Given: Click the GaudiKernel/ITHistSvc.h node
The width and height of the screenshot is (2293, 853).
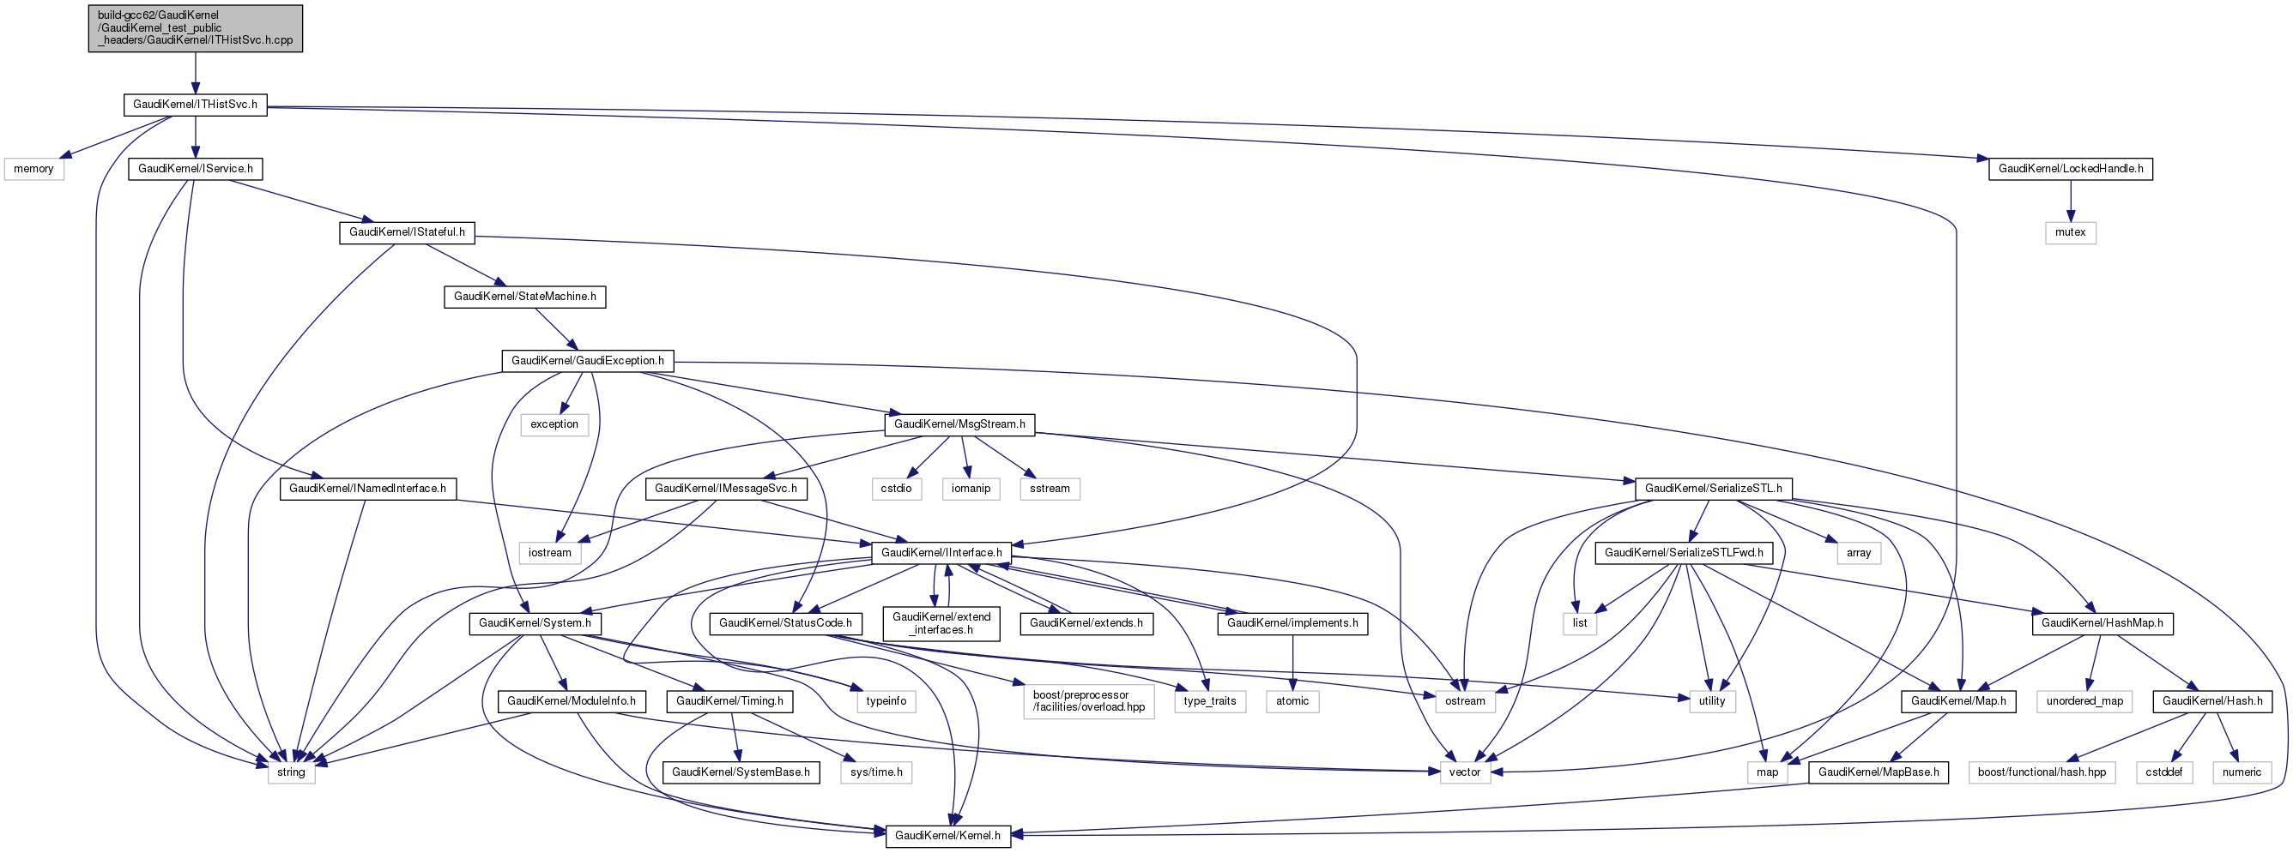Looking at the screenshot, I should [x=195, y=105].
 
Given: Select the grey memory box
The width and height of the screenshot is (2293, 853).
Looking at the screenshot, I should [x=33, y=169].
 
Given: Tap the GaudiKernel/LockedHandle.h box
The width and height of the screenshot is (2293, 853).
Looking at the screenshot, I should [x=2071, y=169].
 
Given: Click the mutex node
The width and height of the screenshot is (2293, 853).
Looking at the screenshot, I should [x=2071, y=232].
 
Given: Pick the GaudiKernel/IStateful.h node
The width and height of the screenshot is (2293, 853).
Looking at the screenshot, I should [x=407, y=232].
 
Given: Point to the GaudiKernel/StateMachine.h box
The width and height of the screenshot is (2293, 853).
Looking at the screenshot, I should [x=524, y=297].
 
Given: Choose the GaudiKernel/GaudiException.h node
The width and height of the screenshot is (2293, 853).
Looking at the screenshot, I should [x=588, y=360].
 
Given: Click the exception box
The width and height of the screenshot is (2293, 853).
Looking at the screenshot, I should [x=554, y=424].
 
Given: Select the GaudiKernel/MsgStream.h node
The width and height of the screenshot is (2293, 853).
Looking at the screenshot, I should [x=959, y=424].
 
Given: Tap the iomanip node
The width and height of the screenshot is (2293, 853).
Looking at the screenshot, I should [x=971, y=489].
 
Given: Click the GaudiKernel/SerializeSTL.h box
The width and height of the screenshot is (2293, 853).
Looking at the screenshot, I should [x=1713, y=489].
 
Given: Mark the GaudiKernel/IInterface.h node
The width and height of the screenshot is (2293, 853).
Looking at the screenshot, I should [x=941, y=552].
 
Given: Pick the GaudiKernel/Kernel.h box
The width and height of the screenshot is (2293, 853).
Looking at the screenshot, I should [x=947, y=835].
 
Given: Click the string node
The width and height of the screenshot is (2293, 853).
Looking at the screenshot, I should [x=291, y=772].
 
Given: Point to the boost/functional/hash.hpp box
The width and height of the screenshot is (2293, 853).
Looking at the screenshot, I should [x=2042, y=772].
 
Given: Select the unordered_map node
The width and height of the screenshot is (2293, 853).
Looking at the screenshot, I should [x=2084, y=701].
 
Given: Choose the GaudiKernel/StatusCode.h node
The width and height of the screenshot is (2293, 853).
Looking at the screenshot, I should [x=785, y=622].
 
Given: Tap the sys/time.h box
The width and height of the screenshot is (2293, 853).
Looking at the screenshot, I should [x=876, y=772].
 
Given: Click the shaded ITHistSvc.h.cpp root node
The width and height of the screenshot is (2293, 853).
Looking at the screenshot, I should [x=195, y=28].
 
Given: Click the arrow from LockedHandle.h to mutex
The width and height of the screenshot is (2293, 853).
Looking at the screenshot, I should [x=2071, y=200].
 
